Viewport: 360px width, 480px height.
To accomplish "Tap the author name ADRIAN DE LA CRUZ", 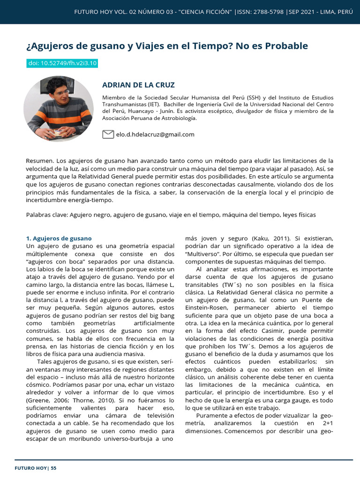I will point(138,85).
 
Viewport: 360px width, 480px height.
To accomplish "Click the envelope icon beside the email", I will point(108,135).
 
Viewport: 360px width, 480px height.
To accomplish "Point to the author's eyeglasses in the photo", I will point(57,92).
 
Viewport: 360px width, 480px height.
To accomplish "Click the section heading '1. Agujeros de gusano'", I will point(59,238).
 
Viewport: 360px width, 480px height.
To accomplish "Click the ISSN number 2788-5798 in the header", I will point(268,11).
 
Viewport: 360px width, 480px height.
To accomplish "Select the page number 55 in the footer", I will point(53,468).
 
